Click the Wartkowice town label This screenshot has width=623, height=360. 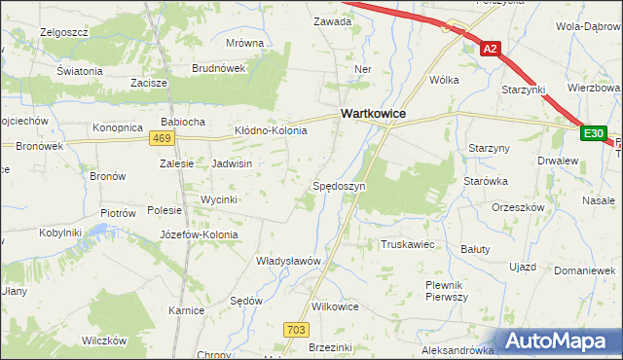tap(373, 114)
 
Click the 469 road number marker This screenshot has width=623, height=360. tap(163, 139)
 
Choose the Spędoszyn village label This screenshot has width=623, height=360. tap(339, 185)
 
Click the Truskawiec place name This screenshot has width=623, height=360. tap(408, 244)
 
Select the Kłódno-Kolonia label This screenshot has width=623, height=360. tap(271, 130)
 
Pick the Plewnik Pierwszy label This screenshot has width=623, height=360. tap(448, 290)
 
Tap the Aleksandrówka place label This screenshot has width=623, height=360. tap(458, 349)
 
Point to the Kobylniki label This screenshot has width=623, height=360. tap(59, 233)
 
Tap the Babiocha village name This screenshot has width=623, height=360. tap(182, 122)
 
